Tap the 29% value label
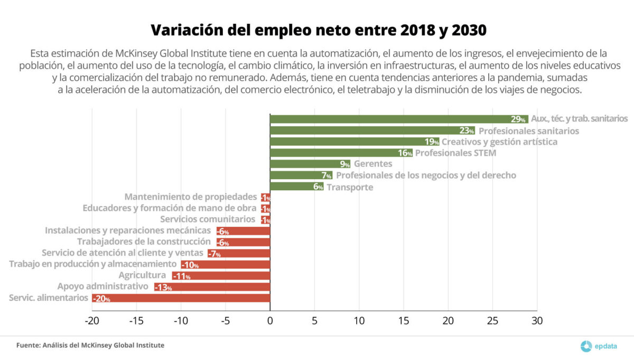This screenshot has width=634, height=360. (518, 119)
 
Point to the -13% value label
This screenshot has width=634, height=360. (163, 287)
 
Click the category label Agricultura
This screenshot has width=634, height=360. (142, 275)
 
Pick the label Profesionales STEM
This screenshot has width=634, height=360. (455, 153)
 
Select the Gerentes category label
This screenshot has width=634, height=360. (373, 164)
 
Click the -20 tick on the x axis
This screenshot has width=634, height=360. (92, 321)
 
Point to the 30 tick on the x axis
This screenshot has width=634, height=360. (537, 321)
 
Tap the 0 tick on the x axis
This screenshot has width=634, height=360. (270, 321)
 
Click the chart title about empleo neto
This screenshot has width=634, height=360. (318, 30)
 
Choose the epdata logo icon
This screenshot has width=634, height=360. (586, 346)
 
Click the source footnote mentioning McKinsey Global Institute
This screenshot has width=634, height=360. (90, 345)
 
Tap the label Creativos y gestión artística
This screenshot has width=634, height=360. (499, 142)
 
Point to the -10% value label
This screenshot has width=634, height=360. (190, 264)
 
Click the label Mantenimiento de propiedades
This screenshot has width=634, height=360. (191, 197)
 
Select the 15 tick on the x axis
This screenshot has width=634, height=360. (404, 321)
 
